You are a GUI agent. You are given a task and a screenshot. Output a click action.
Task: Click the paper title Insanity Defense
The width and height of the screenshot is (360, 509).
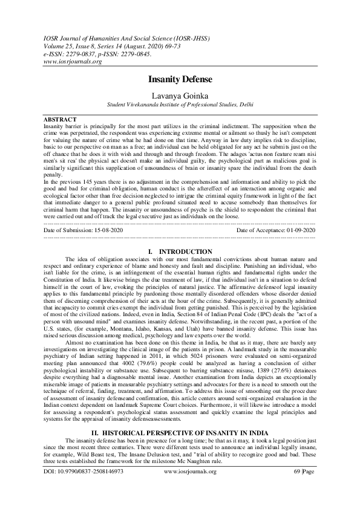(x=180, y=79)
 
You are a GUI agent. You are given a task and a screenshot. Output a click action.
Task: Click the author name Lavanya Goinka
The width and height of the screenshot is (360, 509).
(x=180, y=94)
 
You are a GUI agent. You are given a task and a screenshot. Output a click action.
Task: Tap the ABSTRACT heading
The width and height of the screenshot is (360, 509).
(x=61, y=120)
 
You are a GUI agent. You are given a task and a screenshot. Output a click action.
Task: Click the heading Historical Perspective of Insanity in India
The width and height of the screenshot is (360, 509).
(x=180, y=433)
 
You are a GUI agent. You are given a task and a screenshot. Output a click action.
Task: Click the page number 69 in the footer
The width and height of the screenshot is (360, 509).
(x=296, y=487)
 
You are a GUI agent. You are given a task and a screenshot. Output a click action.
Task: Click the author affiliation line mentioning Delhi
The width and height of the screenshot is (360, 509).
(x=180, y=104)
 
